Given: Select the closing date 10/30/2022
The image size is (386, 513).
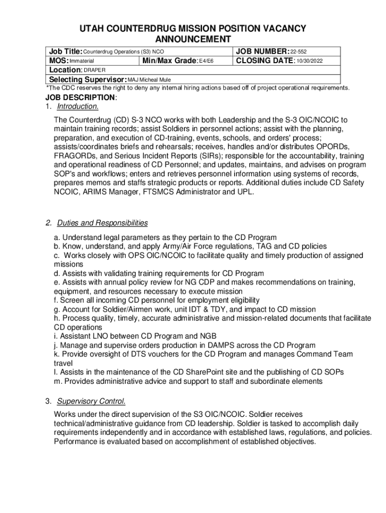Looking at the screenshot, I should tap(310, 61).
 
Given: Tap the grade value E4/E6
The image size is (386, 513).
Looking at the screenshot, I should tap(207, 61).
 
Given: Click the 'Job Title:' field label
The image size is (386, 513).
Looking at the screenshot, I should tap(65, 52).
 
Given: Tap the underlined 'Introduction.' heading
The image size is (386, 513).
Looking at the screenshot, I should tap(78, 107).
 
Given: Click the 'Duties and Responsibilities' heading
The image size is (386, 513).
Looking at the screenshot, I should tap(102, 223).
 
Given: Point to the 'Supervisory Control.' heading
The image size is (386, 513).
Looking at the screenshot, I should tap(91, 401).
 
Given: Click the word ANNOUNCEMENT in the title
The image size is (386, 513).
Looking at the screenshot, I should tap(193, 40).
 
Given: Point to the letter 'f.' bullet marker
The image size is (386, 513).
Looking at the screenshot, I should tap(56, 300).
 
